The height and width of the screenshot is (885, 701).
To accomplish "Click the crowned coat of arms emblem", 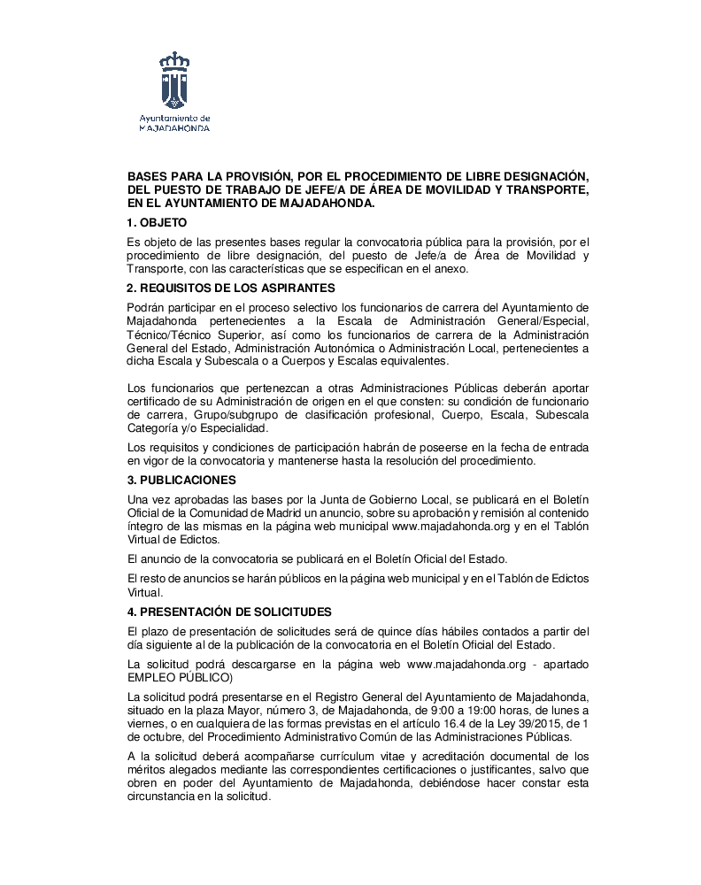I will pyautogui.click(x=174, y=80).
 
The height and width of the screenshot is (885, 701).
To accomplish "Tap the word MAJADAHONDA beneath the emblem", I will pyautogui.click(x=174, y=127).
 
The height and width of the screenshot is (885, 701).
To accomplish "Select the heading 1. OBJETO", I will pyautogui.click(x=158, y=223).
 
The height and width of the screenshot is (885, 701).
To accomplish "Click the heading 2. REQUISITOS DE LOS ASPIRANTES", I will pyautogui.click(x=231, y=289).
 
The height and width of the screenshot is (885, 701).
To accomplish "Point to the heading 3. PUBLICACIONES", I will pyautogui.click(x=181, y=480).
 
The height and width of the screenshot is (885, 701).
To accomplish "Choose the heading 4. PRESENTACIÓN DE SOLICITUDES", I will pyautogui.click(x=229, y=611).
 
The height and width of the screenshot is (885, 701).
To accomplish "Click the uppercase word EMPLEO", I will pyautogui.click(x=152, y=677).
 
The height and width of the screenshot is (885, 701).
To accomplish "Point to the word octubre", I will pyautogui.click(x=155, y=736).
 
